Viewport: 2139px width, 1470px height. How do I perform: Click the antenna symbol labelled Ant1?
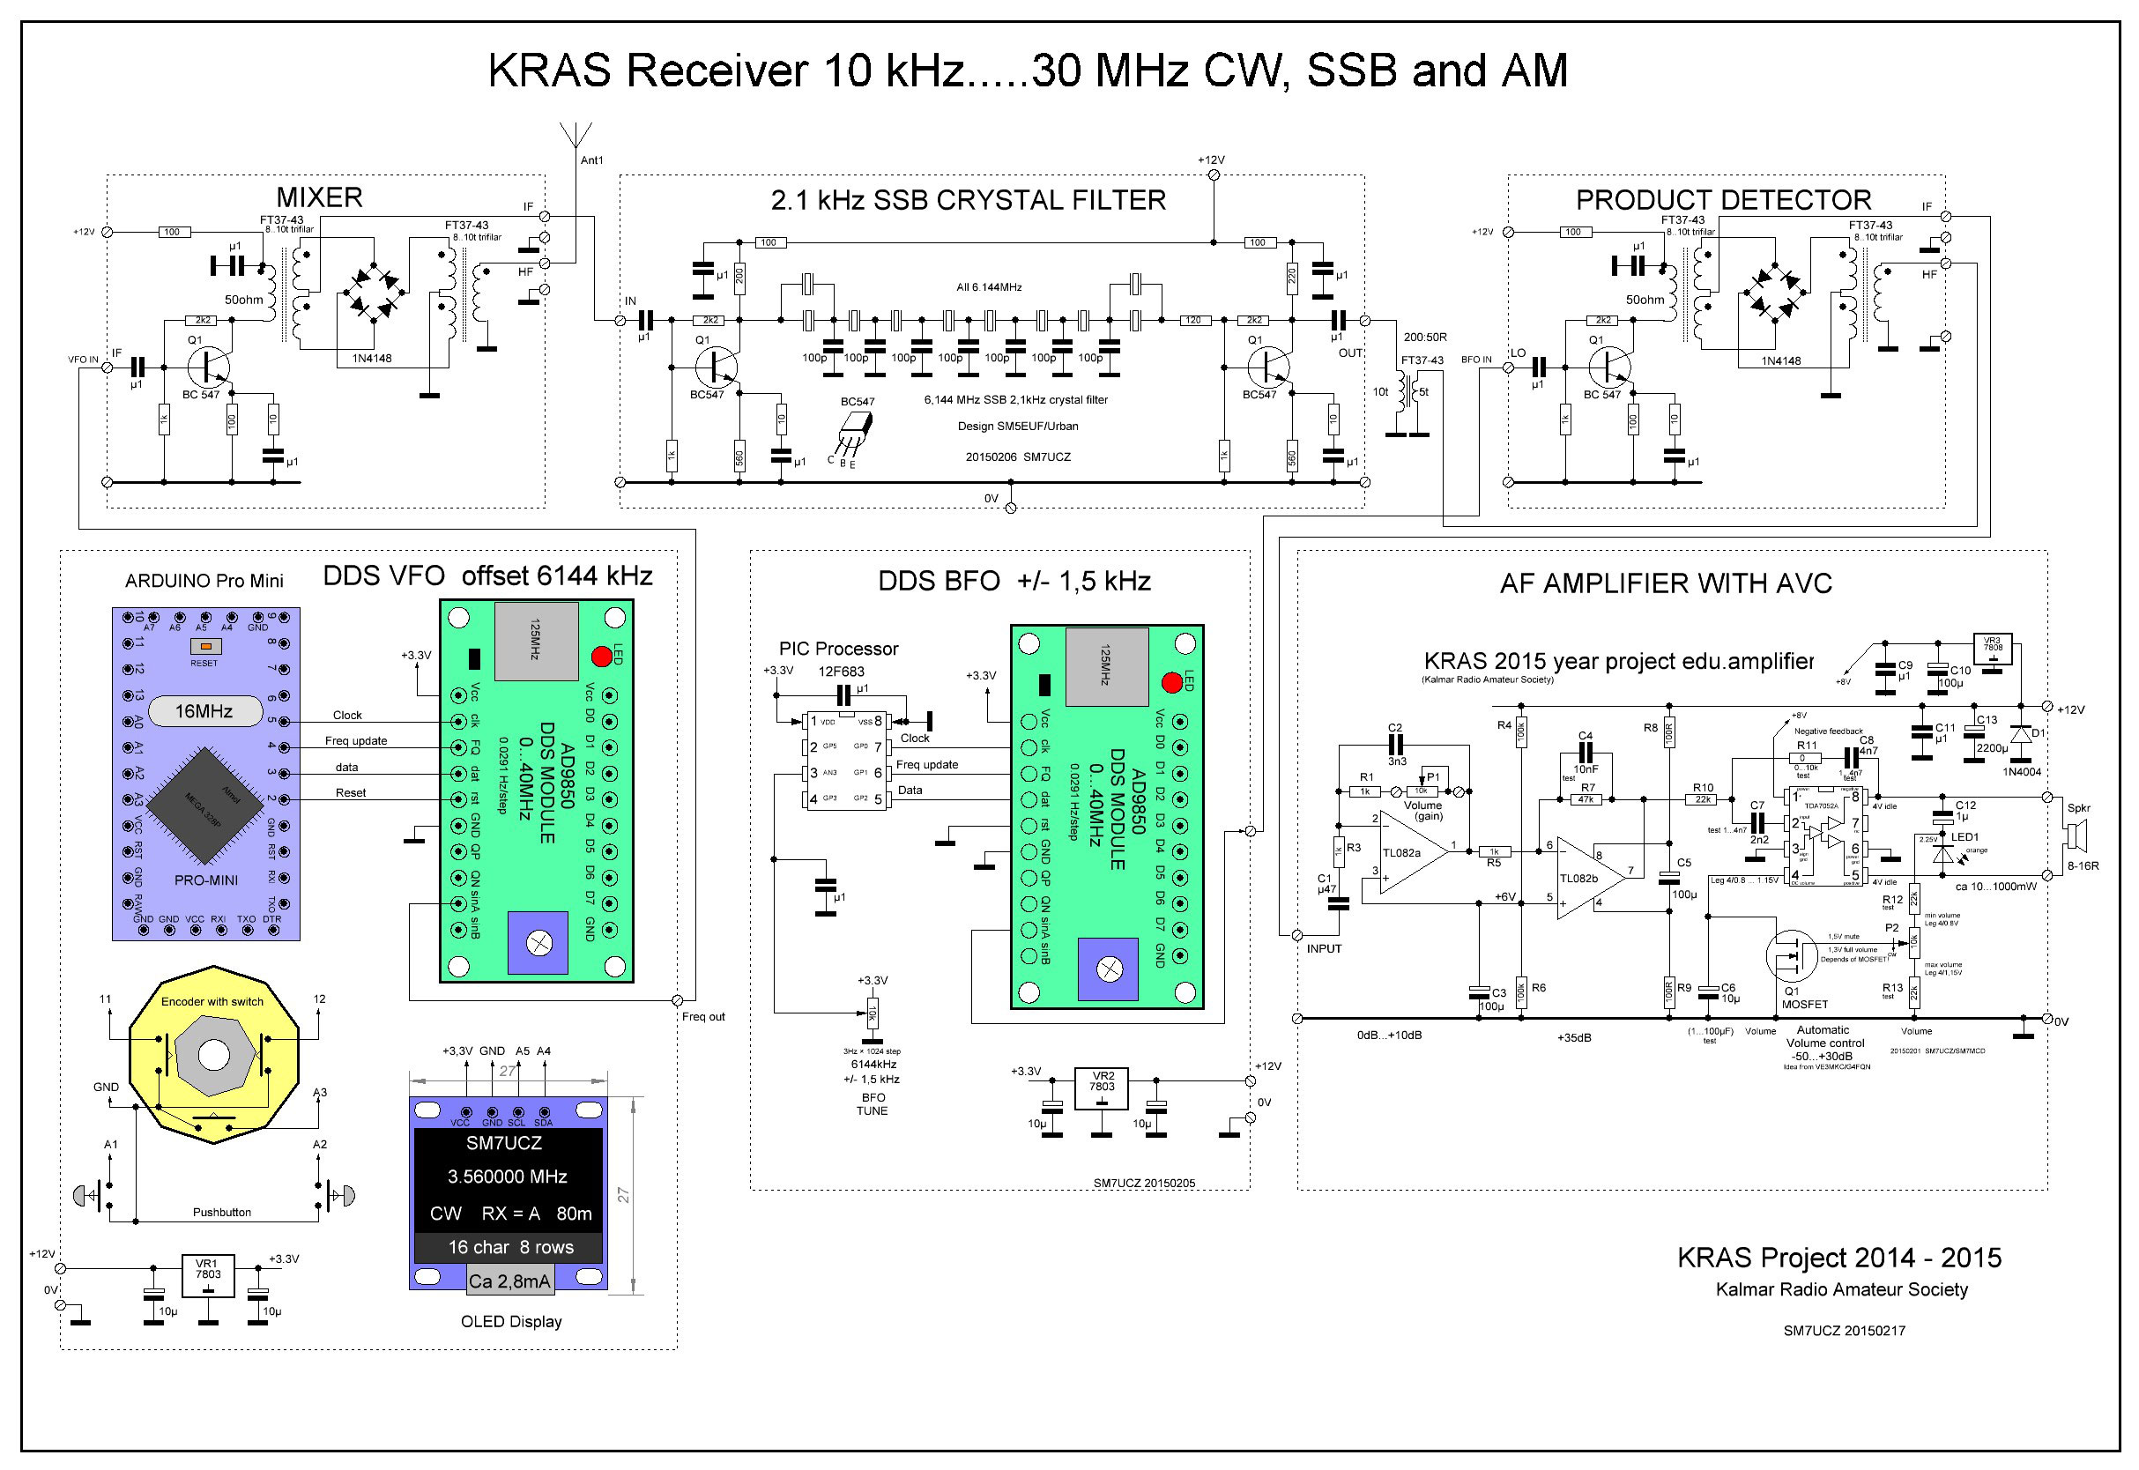576,137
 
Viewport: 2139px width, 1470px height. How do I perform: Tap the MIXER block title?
319,197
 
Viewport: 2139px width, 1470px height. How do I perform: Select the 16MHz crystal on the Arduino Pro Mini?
204,711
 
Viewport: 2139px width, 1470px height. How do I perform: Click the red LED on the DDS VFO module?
602,657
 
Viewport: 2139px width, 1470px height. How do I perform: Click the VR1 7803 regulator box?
207,1275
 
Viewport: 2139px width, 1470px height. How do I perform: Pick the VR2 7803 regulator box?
1102,1088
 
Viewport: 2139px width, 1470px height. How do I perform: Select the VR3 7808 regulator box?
1993,649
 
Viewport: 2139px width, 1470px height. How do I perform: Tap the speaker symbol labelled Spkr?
2076,836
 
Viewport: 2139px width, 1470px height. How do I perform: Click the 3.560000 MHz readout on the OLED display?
507,1177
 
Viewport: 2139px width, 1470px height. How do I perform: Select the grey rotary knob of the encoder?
212,1055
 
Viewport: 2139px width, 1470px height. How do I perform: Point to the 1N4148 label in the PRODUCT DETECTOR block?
1780,360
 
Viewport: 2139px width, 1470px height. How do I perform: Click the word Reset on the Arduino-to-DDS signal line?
350,793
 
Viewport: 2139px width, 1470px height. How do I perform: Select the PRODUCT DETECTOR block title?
1723,200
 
